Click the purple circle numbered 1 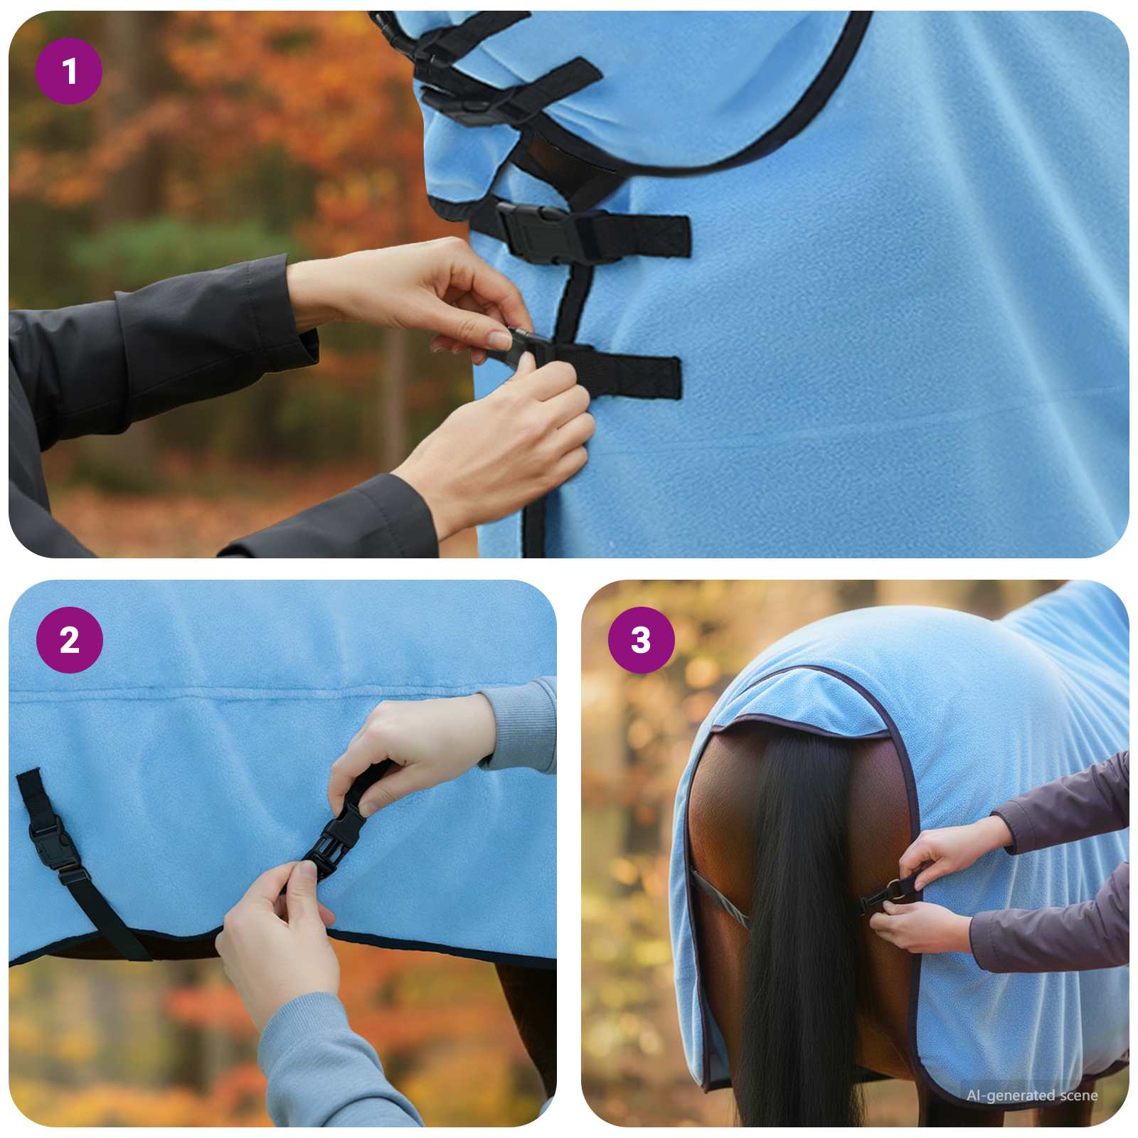pyautogui.click(x=69, y=71)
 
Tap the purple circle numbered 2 pyautogui.click(x=69, y=640)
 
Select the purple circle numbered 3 pyautogui.click(x=641, y=640)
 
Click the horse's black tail pyautogui.click(x=797, y=925)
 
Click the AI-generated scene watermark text pyautogui.click(x=1031, y=1095)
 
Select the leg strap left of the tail pyautogui.click(x=718, y=900)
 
